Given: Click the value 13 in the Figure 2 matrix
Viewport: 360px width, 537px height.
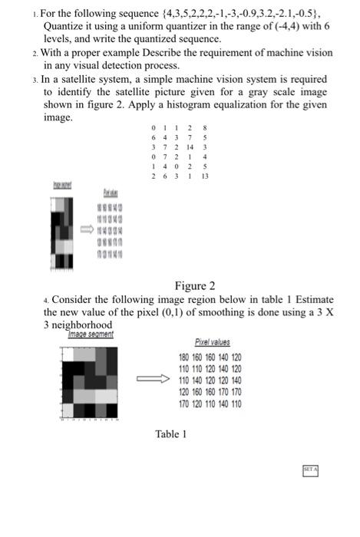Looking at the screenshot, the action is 205,176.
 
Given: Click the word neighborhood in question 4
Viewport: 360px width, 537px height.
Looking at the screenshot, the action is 77,325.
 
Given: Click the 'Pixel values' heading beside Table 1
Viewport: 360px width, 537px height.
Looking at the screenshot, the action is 213,342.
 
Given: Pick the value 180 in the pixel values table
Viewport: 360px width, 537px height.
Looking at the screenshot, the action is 185,357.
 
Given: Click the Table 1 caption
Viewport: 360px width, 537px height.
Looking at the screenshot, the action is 171,434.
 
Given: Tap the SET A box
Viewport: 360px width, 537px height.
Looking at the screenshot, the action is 310,468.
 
